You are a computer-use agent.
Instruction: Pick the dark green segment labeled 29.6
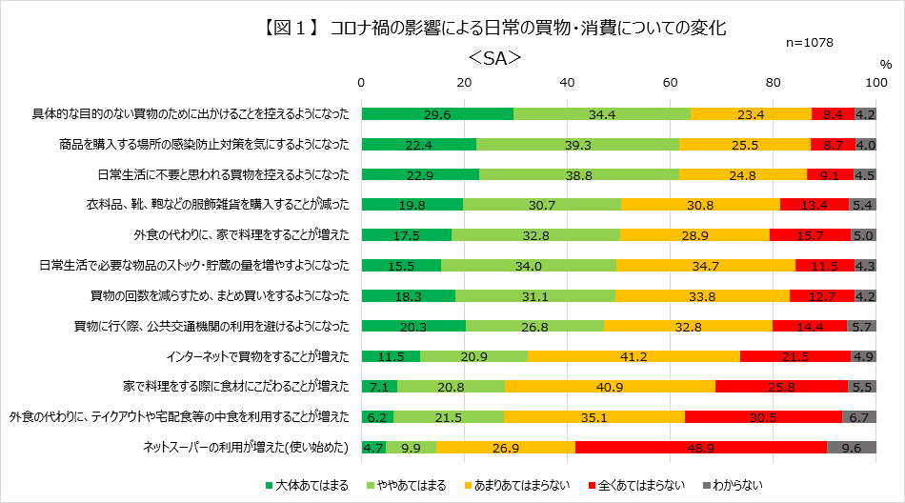437,114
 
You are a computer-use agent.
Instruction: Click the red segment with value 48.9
701,447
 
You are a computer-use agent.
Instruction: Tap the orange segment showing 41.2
633,356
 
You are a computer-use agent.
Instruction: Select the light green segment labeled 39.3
578,145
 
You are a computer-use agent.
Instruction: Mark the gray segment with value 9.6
852,447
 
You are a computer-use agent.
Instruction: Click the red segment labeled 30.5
763,416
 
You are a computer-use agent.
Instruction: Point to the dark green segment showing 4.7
373,447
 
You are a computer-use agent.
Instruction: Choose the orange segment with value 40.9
610,386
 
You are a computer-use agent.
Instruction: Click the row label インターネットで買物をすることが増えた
257,356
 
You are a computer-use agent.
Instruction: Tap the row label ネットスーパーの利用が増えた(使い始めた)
246,447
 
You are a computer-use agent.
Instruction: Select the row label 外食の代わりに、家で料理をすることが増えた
241,235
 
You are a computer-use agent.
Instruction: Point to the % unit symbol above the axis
885,65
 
